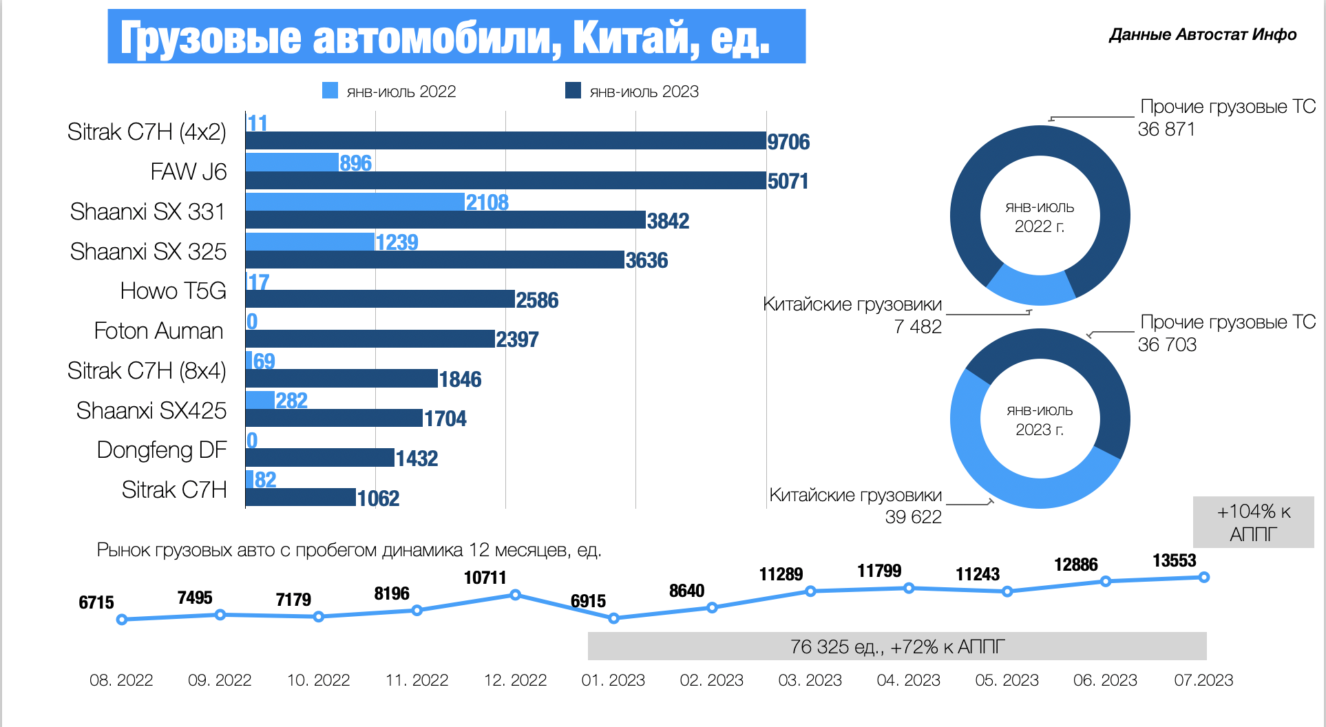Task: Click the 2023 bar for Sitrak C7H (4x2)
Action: coord(506,140)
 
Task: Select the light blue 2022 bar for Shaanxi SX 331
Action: coord(355,202)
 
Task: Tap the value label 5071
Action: coord(788,181)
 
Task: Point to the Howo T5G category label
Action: coord(173,291)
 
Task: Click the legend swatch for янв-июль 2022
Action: coord(330,91)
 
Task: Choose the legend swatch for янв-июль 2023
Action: coord(573,91)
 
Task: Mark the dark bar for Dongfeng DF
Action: coord(319,458)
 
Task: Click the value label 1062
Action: coord(378,498)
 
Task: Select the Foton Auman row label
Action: coord(158,331)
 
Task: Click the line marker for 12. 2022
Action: coord(515,595)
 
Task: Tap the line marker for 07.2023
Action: coord(1203,577)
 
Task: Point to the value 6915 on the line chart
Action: coord(588,601)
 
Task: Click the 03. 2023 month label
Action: coord(810,680)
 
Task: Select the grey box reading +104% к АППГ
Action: coord(1253,523)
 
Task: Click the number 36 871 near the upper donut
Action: coord(1166,129)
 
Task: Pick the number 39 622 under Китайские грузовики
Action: coord(913,517)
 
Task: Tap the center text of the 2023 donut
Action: coord(1040,420)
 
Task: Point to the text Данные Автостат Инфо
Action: coord(1202,34)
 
